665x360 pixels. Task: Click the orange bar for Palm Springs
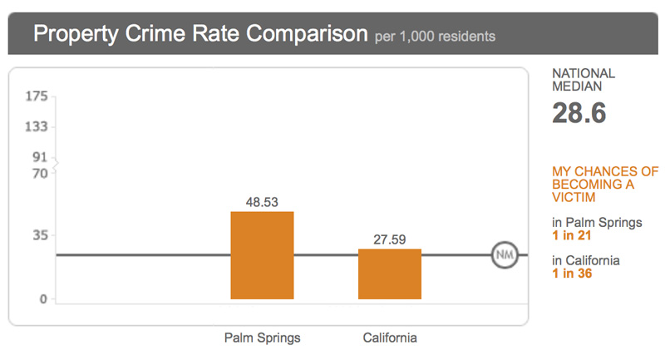(x=262, y=255)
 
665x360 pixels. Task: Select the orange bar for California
(x=390, y=274)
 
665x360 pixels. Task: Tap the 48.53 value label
(x=262, y=201)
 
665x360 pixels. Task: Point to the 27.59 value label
(x=390, y=239)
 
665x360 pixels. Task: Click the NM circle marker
(x=504, y=254)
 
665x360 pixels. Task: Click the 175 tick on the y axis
(x=37, y=97)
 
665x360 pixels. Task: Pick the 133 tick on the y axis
(x=37, y=126)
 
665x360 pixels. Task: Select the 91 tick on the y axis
(x=39, y=156)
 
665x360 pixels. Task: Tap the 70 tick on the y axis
(x=39, y=174)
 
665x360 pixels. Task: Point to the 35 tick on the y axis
(x=39, y=234)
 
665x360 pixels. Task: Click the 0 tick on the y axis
(x=42, y=299)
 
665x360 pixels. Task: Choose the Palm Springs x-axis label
(x=262, y=338)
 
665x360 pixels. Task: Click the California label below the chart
(x=390, y=338)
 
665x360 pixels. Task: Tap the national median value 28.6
(x=579, y=113)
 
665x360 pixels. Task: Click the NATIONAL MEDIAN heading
(x=584, y=80)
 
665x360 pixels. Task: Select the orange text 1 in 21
(x=571, y=236)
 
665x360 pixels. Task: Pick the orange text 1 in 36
(x=572, y=274)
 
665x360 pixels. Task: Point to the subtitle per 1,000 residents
(x=435, y=37)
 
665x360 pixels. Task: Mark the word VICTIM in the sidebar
(x=571, y=198)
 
